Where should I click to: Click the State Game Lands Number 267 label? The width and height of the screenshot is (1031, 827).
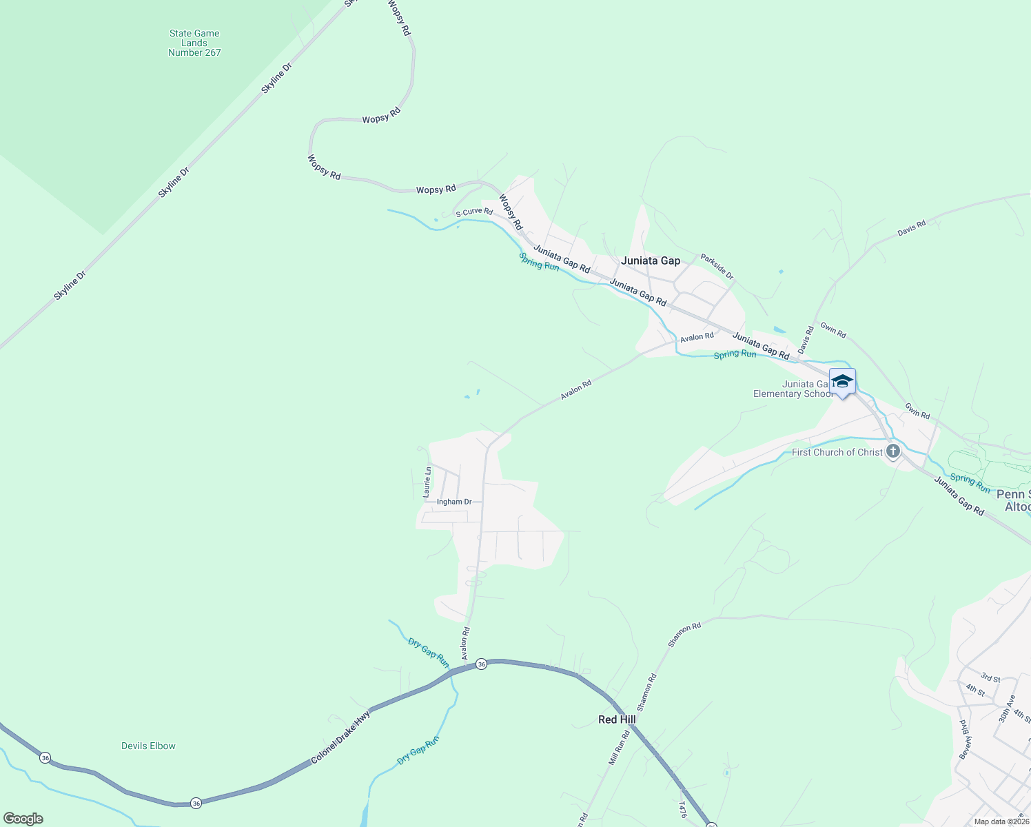(x=194, y=43)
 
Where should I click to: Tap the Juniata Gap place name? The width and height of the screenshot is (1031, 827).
(x=650, y=261)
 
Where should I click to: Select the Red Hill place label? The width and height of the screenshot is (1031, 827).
(x=617, y=719)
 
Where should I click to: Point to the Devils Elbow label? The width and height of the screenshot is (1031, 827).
(x=148, y=746)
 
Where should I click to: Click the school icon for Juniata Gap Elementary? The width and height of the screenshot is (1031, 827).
(x=842, y=381)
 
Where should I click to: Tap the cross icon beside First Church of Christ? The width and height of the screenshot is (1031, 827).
(x=893, y=451)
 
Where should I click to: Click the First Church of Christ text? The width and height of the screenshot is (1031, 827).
(x=837, y=452)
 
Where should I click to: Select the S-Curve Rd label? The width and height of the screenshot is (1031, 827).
(x=474, y=212)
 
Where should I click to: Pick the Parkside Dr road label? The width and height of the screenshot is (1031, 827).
(x=717, y=267)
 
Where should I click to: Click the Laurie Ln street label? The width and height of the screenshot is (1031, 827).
(x=427, y=482)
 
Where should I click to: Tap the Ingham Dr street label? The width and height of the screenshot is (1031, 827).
(x=454, y=502)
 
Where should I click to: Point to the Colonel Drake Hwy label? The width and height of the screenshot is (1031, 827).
(x=340, y=737)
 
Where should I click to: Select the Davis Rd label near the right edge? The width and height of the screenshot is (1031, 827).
(x=911, y=228)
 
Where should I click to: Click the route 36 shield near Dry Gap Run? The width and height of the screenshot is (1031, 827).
(x=481, y=664)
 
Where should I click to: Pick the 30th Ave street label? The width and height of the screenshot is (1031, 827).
(x=1007, y=708)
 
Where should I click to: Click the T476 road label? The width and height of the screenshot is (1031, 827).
(x=682, y=809)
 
